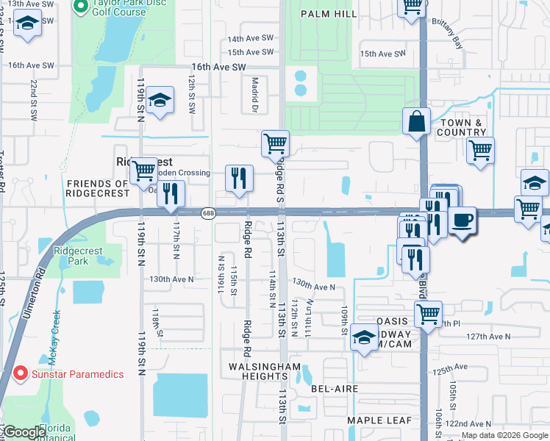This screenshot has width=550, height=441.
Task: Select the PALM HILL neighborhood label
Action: click(329, 12)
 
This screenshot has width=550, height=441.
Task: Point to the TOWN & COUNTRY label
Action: click(462, 127)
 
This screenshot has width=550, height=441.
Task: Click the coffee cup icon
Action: click(462, 220)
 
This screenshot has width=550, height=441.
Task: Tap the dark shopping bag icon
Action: click(416, 121)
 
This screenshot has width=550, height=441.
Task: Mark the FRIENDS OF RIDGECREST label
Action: click(98, 188)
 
